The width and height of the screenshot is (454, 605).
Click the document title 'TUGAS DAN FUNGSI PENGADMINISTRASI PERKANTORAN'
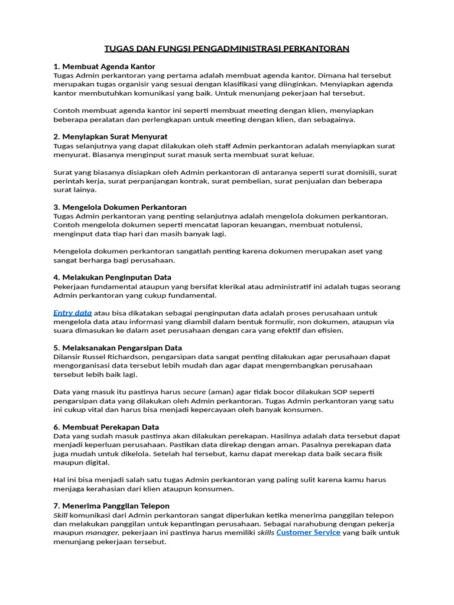(227, 48)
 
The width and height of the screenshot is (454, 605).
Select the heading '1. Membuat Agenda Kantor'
(104, 66)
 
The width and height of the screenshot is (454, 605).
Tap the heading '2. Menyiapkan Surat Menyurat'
(111, 136)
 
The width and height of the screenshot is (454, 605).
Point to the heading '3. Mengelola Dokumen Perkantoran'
(120, 207)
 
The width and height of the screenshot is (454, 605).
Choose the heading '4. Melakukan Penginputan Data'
(112, 277)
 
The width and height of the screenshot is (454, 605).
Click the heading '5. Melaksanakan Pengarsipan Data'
(118, 348)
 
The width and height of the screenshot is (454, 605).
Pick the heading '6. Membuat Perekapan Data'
(106, 427)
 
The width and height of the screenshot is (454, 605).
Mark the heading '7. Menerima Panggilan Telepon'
(111, 506)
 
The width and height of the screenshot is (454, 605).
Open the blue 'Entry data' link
(73, 313)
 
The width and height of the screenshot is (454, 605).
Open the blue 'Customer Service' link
(308, 532)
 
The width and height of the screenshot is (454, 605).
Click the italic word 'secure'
(194, 392)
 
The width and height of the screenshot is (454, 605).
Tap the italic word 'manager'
(102, 532)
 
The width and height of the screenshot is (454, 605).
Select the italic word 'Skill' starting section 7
(61, 515)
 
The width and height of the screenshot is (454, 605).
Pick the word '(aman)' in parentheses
(222, 392)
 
